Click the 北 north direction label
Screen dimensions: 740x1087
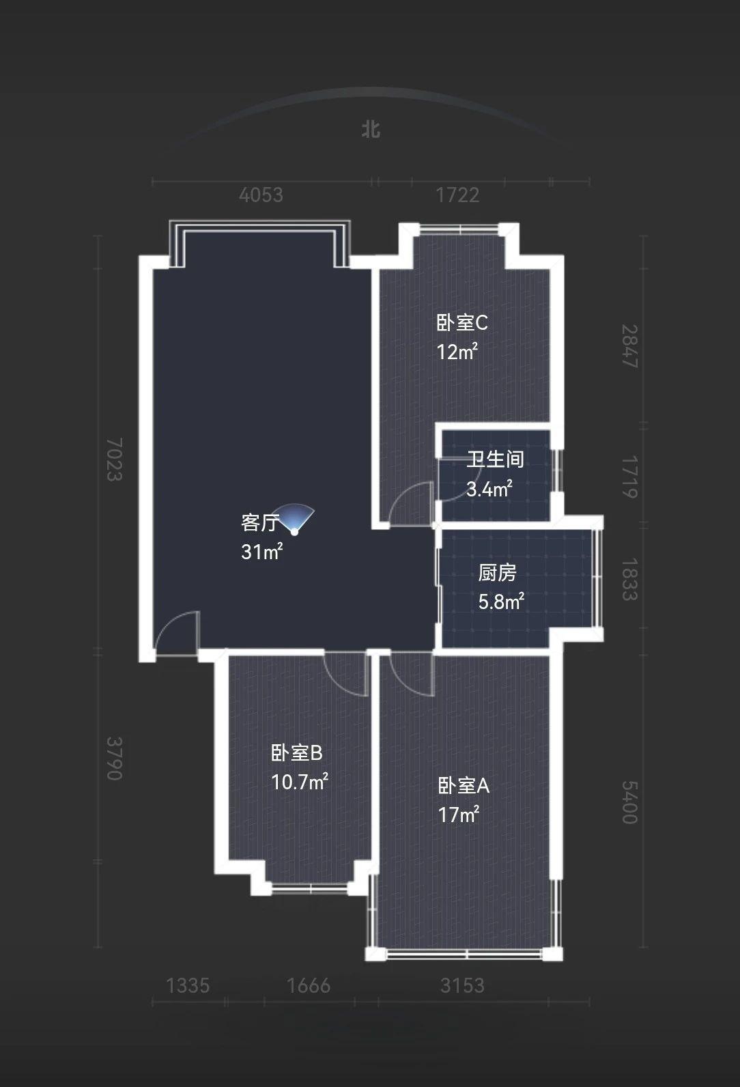click(371, 130)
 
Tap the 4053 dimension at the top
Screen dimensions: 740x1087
click(261, 195)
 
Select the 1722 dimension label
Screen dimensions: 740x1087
click(457, 195)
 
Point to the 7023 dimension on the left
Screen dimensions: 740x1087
click(115, 459)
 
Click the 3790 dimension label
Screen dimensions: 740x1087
click(115, 759)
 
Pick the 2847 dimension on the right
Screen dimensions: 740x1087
click(629, 346)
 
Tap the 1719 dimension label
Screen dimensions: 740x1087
click(629, 477)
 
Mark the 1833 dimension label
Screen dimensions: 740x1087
click(629, 580)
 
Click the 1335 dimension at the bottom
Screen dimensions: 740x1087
click(188, 985)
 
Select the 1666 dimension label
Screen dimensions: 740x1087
click(309, 985)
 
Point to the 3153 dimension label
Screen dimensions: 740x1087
click(462, 985)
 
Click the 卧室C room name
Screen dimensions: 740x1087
click(462, 323)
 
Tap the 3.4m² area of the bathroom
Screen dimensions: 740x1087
click(489, 489)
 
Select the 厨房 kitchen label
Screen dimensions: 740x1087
click(497, 573)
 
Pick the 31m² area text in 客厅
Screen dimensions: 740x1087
click(262, 552)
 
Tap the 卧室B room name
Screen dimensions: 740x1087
click(296, 754)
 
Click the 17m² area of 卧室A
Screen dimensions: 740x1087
click(459, 815)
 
